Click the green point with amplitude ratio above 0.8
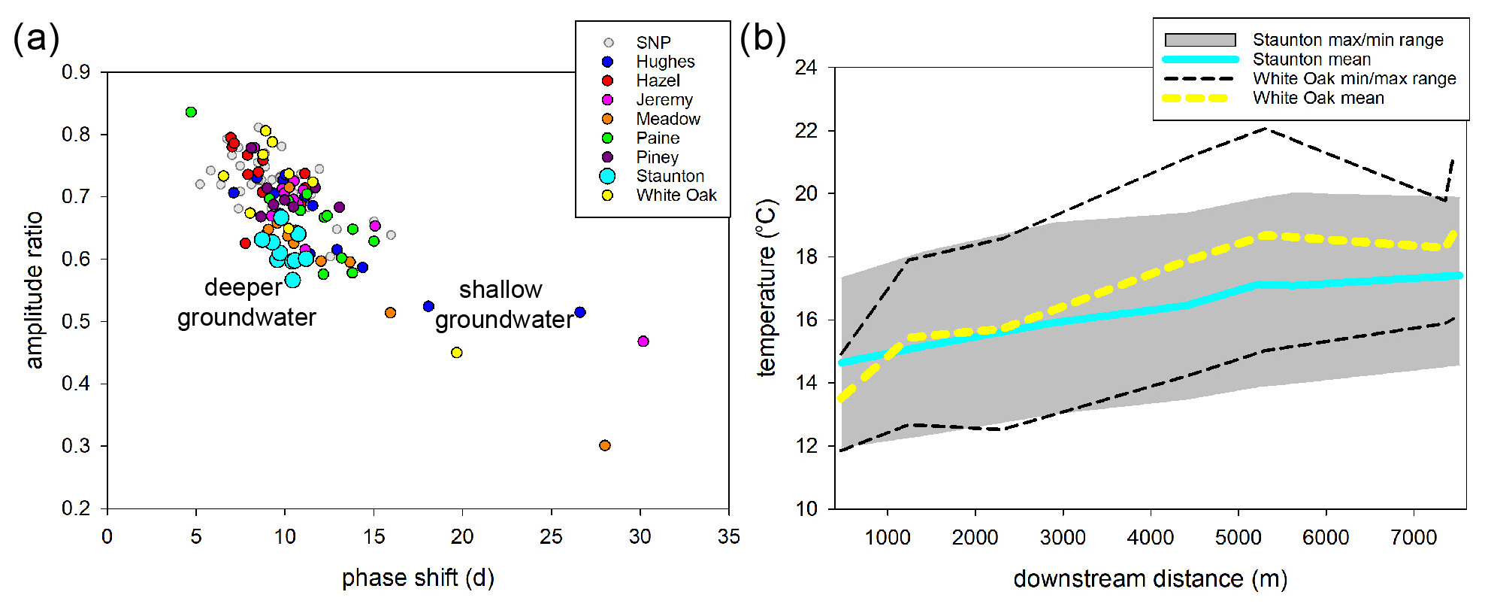(x=191, y=112)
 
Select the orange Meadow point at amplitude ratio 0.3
(x=605, y=445)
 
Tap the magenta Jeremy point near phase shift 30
(x=643, y=341)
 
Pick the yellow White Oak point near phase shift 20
(x=456, y=353)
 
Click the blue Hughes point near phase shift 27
(x=579, y=312)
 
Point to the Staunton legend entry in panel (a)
(x=670, y=176)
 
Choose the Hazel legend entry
(x=658, y=80)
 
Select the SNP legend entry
(x=653, y=43)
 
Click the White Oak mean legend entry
(x=1317, y=98)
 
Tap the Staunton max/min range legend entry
(x=1347, y=40)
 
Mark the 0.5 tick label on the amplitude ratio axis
(x=76, y=321)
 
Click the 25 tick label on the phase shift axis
(x=551, y=537)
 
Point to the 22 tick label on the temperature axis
(x=806, y=131)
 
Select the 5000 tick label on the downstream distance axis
(x=1238, y=538)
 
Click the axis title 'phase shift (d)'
(x=418, y=578)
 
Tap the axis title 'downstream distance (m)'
(x=1150, y=578)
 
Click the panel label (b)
(x=762, y=38)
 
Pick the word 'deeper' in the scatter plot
(x=243, y=287)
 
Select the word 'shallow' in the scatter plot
(x=501, y=290)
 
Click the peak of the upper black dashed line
(x=1266, y=129)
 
